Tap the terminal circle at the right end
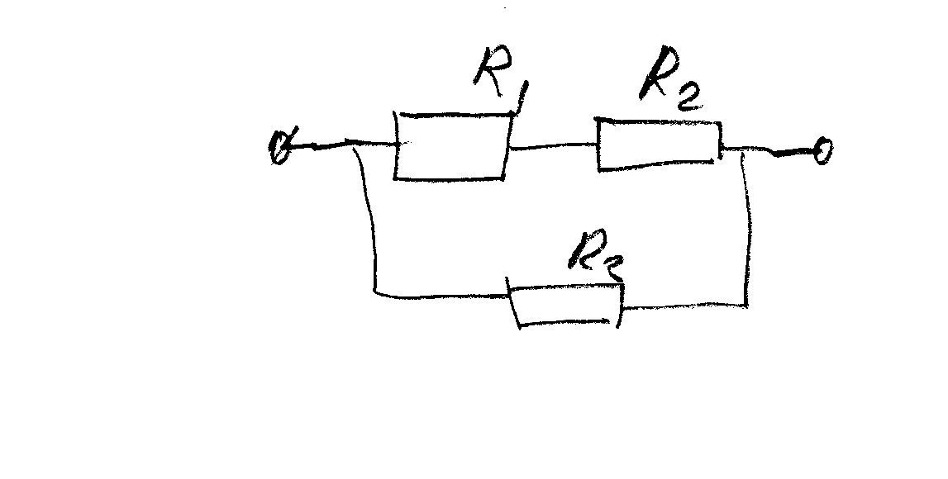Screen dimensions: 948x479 [x=823, y=151]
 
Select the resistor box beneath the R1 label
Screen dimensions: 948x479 [x=450, y=146]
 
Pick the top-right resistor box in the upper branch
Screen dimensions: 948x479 [x=659, y=145]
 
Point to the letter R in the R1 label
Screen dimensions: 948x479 [x=490, y=68]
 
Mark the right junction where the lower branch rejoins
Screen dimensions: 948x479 [x=746, y=150]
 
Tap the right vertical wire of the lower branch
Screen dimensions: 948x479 [x=749, y=231]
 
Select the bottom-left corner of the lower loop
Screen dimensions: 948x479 [x=376, y=292]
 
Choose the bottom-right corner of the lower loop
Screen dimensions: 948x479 [x=748, y=306]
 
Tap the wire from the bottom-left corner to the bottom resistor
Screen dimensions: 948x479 [x=442, y=294]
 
